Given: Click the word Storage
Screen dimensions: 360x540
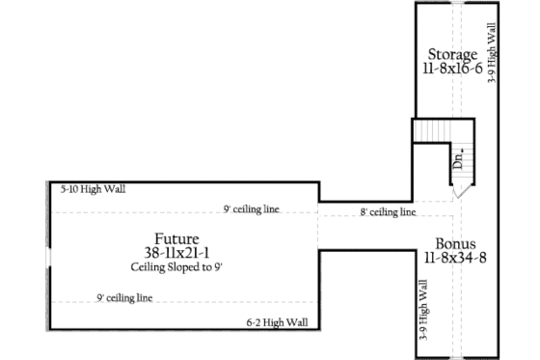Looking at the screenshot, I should [452, 54].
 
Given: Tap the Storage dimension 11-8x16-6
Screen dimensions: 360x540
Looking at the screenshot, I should [452, 70].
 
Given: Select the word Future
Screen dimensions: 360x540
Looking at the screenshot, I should [176, 238].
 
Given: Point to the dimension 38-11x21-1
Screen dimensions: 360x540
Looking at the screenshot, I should [176, 253].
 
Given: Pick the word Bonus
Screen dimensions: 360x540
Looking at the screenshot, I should [453, 243].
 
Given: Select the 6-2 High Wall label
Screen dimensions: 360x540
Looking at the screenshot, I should [277, 322].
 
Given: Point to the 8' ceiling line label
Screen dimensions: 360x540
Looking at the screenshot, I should [388, 211].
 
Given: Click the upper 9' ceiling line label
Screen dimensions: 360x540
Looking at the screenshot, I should [251, 208].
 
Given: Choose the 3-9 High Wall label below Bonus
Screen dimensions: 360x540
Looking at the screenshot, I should [423, 308].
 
